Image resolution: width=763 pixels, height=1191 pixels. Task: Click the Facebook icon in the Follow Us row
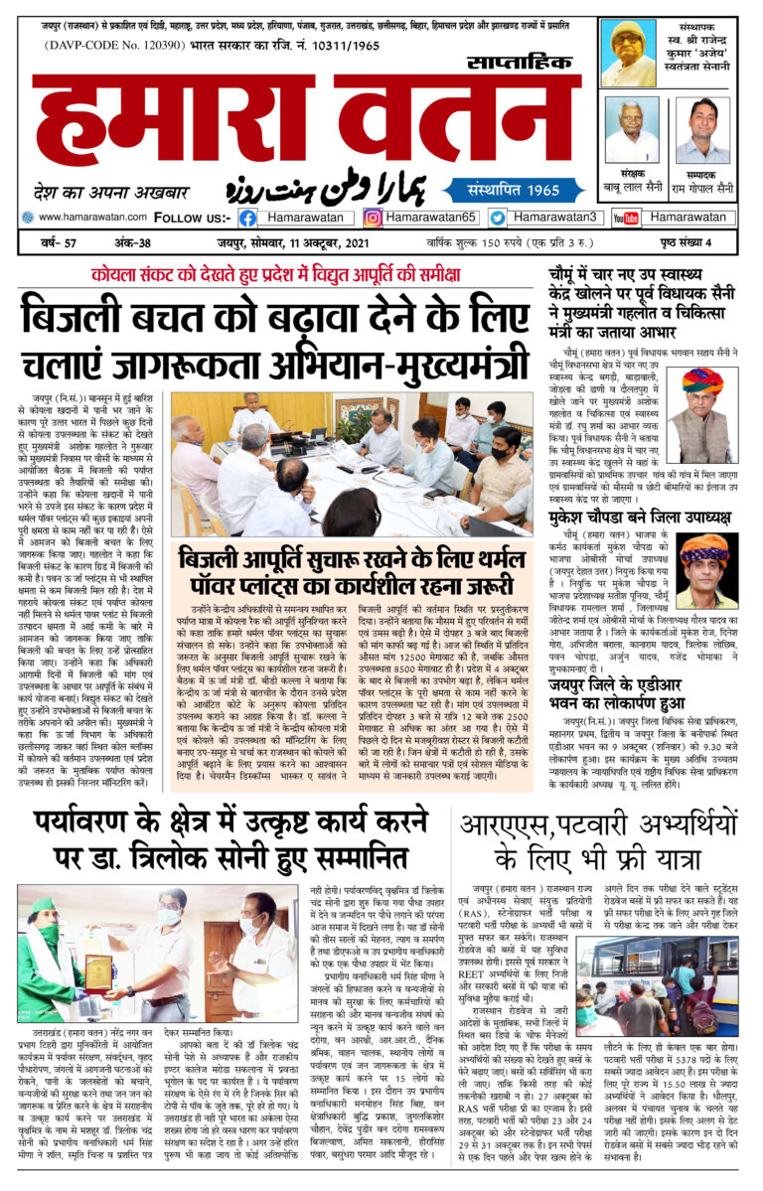coord(247,218)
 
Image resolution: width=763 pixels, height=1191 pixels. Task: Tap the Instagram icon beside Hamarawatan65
coord(373,218)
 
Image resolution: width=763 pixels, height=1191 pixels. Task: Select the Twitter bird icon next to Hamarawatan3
coord(497,218)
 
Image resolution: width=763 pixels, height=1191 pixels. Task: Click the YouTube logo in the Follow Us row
coord(624,218)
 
